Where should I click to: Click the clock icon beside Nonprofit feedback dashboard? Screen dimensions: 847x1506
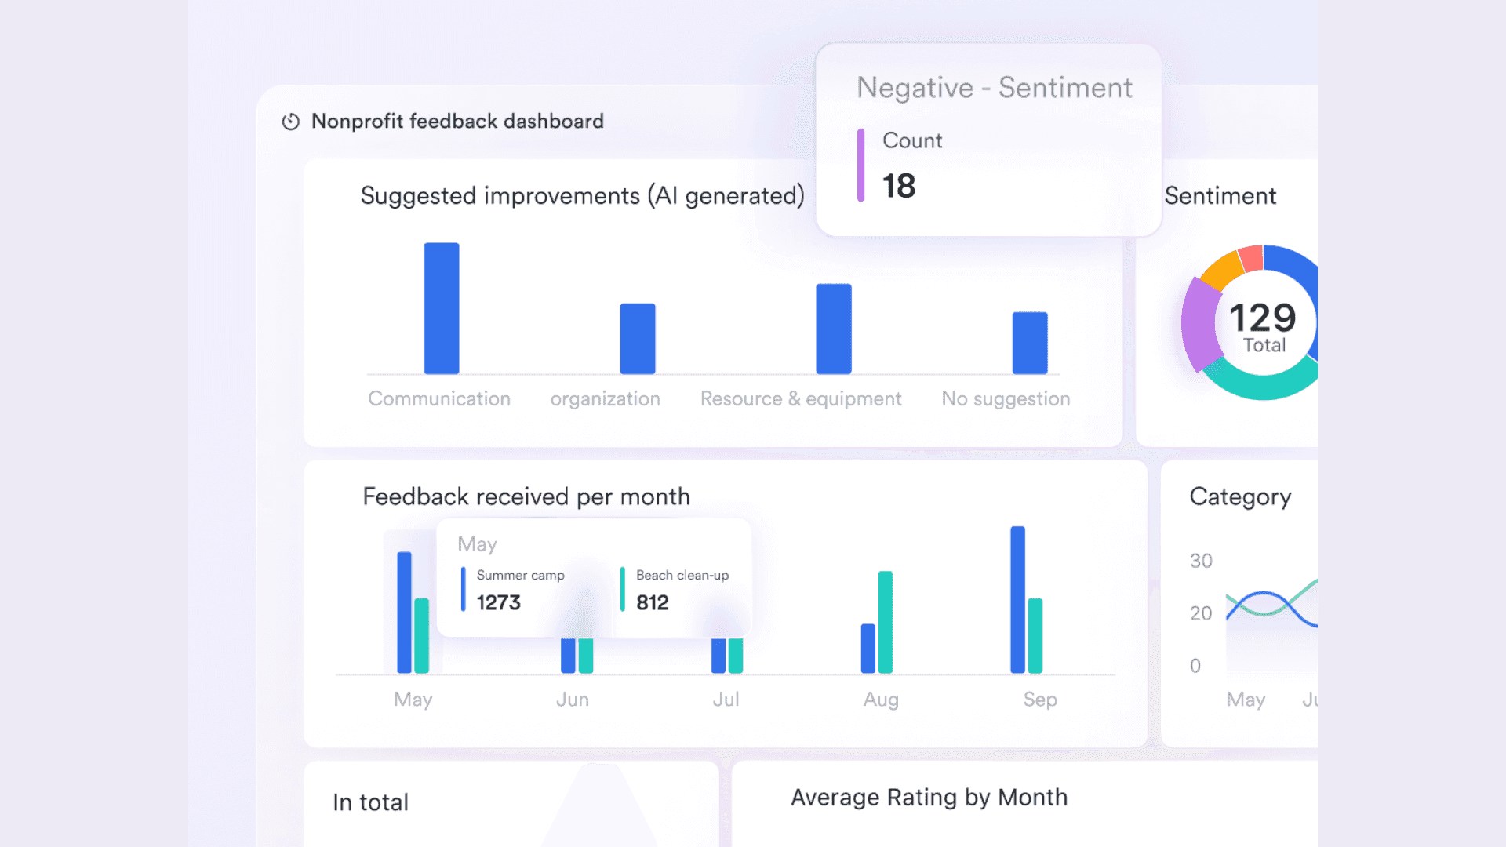(x=291, y=122)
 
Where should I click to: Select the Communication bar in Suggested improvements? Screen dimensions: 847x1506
(x=442, y=308)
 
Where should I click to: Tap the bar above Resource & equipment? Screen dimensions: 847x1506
(x=833, y=329)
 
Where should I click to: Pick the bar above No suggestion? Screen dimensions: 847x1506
(x=1029, y=343)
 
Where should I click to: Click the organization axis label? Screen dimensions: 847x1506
(x=605, y=399)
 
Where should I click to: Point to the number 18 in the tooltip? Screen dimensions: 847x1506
(x=899, y=187)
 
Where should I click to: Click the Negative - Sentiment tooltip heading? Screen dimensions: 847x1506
(x=994, y=88)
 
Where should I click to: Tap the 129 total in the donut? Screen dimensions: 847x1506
(x=1262, y=318)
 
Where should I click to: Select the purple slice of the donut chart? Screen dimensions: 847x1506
(x=1199, y=323)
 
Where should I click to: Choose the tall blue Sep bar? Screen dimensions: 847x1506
(x=1017, y=599)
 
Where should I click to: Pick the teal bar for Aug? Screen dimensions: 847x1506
(x=885, y=622)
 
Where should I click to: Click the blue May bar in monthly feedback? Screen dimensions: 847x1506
(x=404, y=613)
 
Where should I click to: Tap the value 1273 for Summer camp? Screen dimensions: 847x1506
(x=498, y=602)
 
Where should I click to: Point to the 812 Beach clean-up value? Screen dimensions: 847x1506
(x=652, y=602)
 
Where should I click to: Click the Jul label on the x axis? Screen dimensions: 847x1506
(x=726, y=700)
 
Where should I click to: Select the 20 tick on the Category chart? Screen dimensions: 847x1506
(x=1200, y=613)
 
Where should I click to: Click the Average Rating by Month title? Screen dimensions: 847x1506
(x=929, y=798)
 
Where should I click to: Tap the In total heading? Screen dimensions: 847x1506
(x=370, y=802)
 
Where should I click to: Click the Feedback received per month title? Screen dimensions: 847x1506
(x=526, y=497)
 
